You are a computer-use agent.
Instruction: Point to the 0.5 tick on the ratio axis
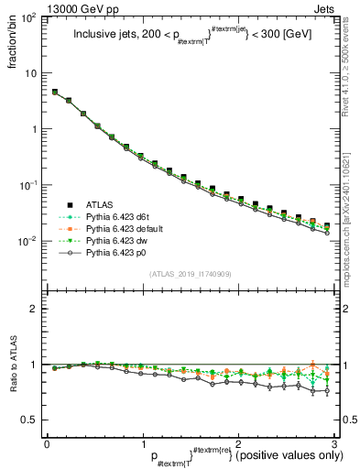pyautogui.click(x=31, y=420)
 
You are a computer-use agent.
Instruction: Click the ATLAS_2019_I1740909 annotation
pyautogui.click(x=190, y=274)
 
